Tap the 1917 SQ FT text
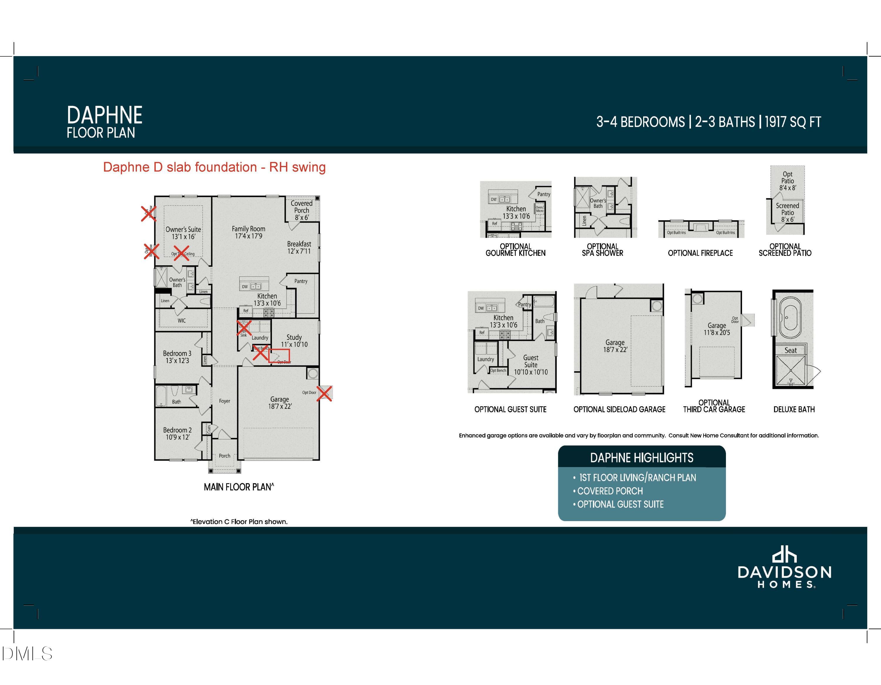pos(793,122)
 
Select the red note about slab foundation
pos(214,167)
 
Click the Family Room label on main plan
pos(248,232)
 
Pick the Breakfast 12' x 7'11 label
pos(299,247)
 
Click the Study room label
pos(294,340)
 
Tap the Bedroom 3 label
pos(177,357)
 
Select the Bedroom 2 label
pos(177,433)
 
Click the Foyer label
pos(224,401)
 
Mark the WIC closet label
pos(181,321)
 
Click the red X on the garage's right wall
pos(324,393)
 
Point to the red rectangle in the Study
pos(279,355)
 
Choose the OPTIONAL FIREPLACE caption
pos(700,253)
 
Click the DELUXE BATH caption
pos(794,409)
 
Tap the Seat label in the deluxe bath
pos(790,350)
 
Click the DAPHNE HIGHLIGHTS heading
pos(641,458)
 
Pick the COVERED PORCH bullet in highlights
pos(610,491)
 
